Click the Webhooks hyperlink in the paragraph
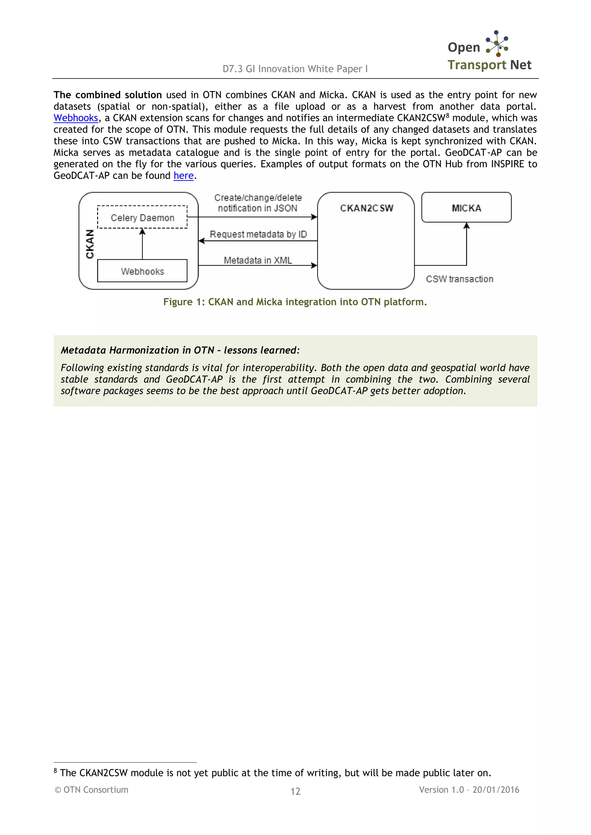click(x=76, y=118)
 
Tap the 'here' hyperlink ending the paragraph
click(x=184, y=176)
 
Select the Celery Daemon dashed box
click(x=142, y=217)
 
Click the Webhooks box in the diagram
click(x=142, y=271)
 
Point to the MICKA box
click(x=466, y=208)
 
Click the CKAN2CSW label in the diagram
click(x=366, y=208)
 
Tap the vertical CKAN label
click(x=90, y=244)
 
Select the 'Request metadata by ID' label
click(x=258, y=234)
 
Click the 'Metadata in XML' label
click(x=258, y=260)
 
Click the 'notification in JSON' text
click(x=257, y=208)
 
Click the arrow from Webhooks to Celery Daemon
click(x=142, y=244)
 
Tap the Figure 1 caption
click(x=295, y=302)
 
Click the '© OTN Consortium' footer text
click(x=91, y=789)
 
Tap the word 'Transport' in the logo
click(x=477, y=65)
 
